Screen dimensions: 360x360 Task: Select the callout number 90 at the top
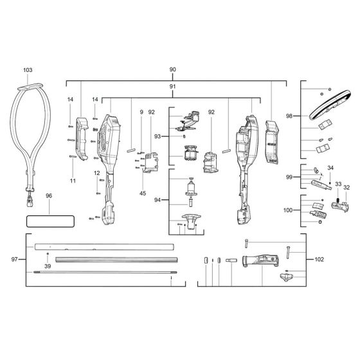(172, 69)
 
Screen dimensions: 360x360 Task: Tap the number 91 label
(172, 86)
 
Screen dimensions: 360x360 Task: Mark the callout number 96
(49, 196)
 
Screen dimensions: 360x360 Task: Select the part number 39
(47, 266)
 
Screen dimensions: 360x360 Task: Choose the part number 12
(96, 173)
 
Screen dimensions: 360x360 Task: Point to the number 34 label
(330, 168)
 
